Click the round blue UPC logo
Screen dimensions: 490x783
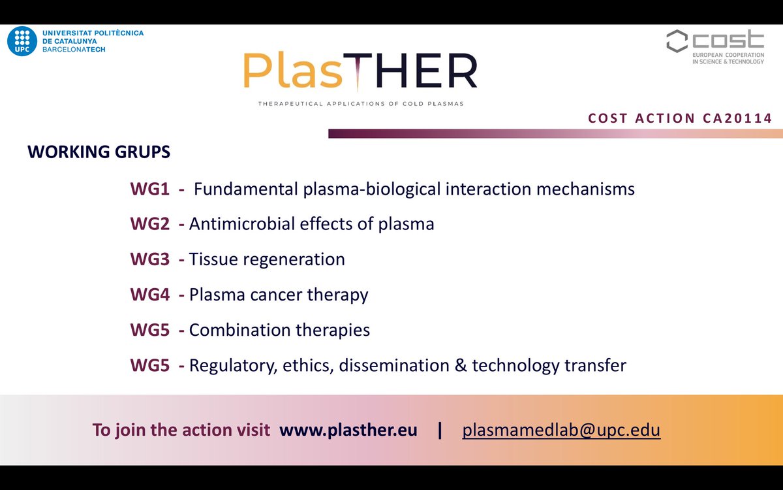[22, 41]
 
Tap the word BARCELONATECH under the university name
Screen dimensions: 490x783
[72, 50]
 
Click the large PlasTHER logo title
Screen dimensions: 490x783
[360, 72]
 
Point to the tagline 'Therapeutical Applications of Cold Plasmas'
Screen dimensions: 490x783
[361, 103]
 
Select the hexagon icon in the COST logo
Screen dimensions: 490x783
[677, 41]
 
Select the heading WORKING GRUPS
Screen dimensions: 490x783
[99, 152]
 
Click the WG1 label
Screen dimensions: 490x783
[149, 189]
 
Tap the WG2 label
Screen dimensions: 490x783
[149, 224]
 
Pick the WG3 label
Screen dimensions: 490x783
[149, 259]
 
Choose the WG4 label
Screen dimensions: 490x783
[149, 295]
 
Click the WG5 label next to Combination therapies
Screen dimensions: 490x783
[149, 330]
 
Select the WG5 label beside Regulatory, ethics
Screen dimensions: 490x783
[149, 365]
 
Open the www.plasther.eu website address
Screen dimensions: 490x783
[348, 431]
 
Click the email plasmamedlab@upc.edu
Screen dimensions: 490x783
[561, 431]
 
